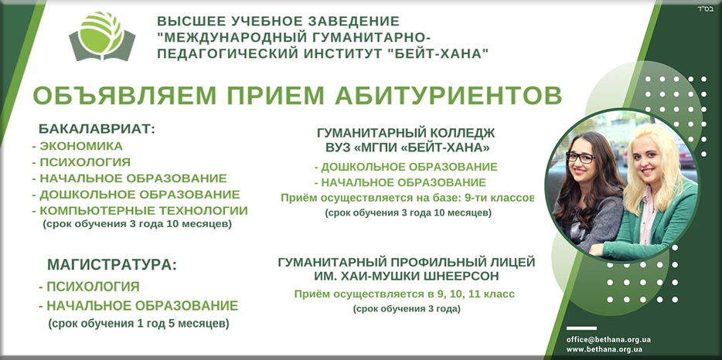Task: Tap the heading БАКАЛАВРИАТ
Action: [x=97, y=128]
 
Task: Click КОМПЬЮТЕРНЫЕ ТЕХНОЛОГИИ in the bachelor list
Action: [x=142, y=210]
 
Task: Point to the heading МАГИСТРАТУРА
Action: [x=111, y=264]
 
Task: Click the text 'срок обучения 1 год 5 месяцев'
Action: [x=138, y=322]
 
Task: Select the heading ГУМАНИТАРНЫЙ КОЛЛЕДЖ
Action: [x=407, y=133]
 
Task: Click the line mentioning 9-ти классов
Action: [x=407, y=198]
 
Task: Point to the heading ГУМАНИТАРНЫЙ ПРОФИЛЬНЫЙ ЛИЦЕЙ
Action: [x=407, y=262]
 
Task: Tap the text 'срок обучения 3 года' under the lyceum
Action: [x=407, y=308]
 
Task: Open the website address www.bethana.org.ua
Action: [x=605, y=349]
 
